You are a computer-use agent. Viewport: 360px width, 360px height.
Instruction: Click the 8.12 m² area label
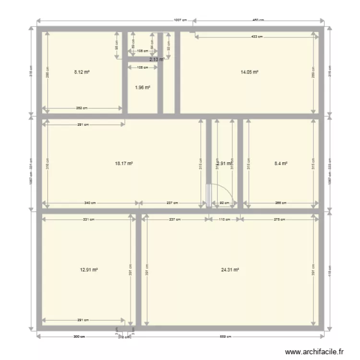click(x=82, y=72)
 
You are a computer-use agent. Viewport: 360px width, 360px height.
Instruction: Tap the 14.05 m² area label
click(x=249, y=72)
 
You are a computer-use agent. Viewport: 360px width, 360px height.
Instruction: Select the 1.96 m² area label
click(x=143, y=87)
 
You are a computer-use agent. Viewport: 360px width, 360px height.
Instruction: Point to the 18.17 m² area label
click(x=123, y=163)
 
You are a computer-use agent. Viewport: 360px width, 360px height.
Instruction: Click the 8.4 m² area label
click(x=281, y=163)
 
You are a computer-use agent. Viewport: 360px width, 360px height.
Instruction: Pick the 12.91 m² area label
click(x=89, y=270)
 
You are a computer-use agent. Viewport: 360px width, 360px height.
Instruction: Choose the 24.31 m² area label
click(x=230, y=270)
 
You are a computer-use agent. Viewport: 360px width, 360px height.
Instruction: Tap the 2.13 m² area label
click(x=156, y=60)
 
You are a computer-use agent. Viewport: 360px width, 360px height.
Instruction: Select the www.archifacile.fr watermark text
click(x=315, y=352)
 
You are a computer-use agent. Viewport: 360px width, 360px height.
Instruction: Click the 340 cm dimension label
click(x=89, y=203)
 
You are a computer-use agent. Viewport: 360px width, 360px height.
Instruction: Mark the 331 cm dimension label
click(x=88, y=219)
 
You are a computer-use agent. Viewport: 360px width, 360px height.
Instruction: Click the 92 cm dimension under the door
click(x=223, y=203)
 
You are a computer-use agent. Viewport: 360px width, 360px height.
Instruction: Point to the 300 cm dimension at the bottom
click(x=79, y=336)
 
